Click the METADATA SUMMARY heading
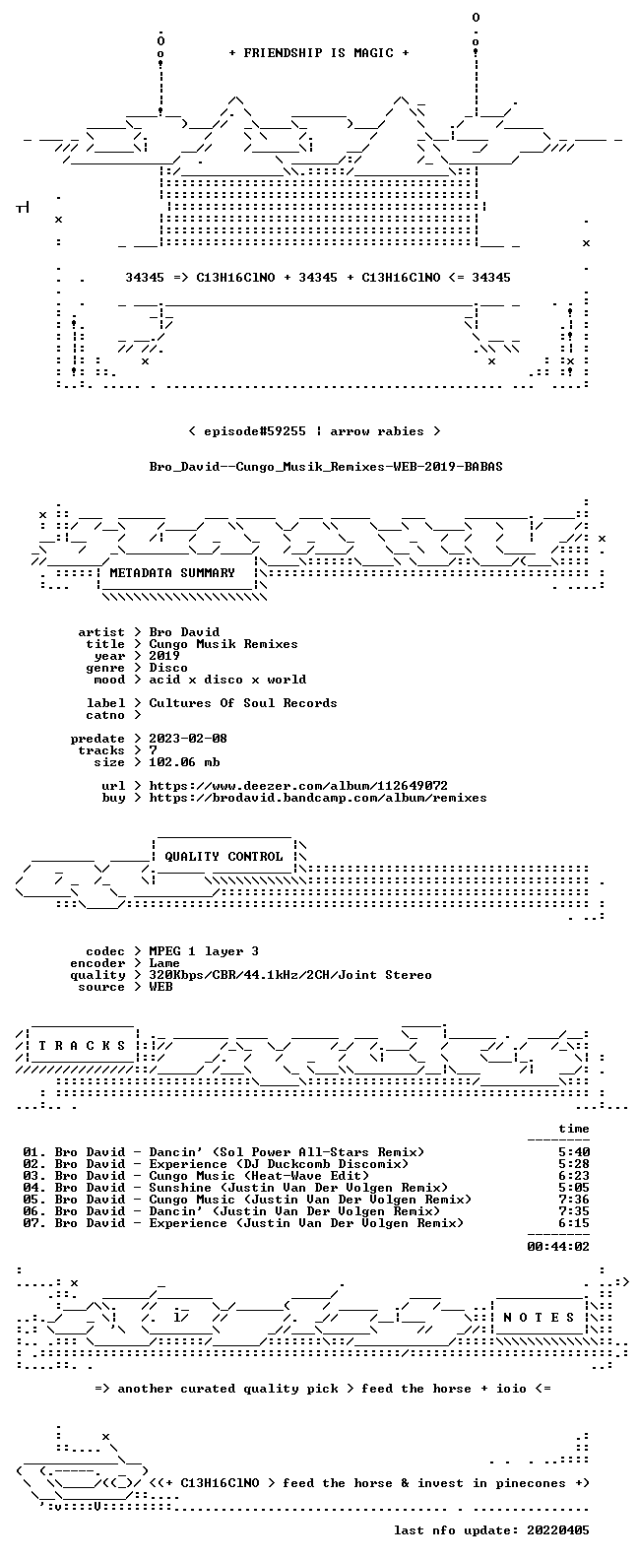click(172, 573)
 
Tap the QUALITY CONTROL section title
click(223, 857)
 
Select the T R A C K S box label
click(82, 1045)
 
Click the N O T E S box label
click(540, 1317)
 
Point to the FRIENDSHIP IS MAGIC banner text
click(319, 53)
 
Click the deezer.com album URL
click(298, 786)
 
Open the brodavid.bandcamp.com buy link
click(318, 798)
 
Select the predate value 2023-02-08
click(188, 739)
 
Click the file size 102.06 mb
click(184, 762)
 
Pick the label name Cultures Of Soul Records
click(243, 703)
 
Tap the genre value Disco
click(168, 667)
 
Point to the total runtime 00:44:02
click(558, 1247)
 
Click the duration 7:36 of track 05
click(574, 1200)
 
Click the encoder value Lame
click(164, 963)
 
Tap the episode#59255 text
click(255, 431)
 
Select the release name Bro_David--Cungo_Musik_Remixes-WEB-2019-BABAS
click(326, 467)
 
